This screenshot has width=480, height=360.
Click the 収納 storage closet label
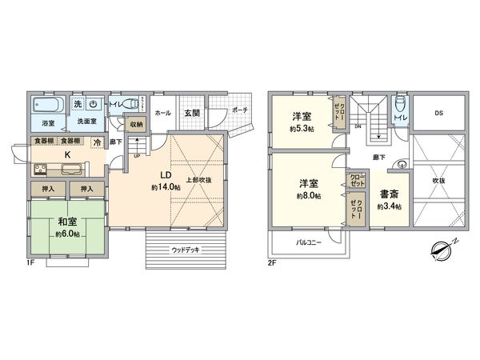point(136,124)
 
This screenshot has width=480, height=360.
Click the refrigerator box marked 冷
point(97,142)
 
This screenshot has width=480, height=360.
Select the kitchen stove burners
point(39,169)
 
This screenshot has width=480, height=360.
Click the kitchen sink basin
point(68,169)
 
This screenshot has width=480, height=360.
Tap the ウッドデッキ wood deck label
point(186,250)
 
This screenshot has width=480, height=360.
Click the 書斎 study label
point(390,194)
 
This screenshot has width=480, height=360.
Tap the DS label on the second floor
point(438,114)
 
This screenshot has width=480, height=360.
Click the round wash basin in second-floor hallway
point(402,166)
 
